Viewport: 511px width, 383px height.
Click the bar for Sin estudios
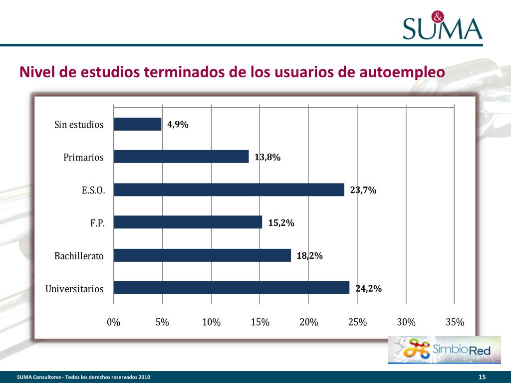(x=138, y=124)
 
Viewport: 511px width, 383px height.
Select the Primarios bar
(x=181, y=157)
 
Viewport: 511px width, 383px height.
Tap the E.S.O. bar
(x=229, y=190)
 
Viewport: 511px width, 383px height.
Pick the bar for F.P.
(x=188, y=222)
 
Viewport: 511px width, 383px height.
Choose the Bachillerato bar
(x=202, y=255)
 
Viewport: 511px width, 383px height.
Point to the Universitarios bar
(x=232, y=288)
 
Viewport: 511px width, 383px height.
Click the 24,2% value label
(x=368, y=288)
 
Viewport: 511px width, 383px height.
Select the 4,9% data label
(x=178, y=125)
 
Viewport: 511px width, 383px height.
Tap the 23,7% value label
(x=363, y=190)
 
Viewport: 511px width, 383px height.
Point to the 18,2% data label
(x=309, y=256)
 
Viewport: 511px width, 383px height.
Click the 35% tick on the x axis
(x=455, y=322)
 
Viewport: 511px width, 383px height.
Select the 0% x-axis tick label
(x=114, y=322)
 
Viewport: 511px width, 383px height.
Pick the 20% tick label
(x=308, y=322)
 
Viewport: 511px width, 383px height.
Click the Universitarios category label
(x=74, y=289)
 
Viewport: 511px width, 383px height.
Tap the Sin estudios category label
(x=79, y=125)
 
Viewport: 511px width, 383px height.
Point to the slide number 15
(x=482, y=377)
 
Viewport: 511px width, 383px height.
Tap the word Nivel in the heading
(x=37, y=72)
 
